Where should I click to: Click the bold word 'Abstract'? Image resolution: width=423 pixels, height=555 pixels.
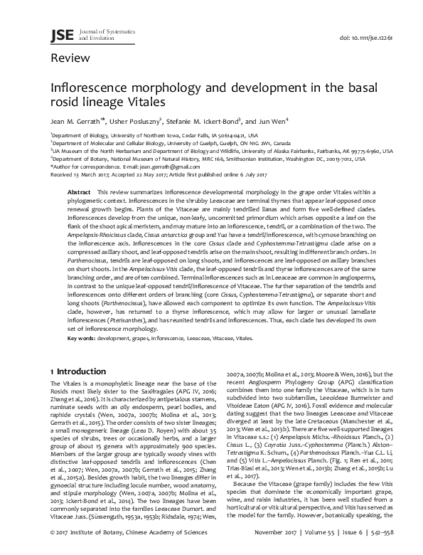point(78,193)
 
